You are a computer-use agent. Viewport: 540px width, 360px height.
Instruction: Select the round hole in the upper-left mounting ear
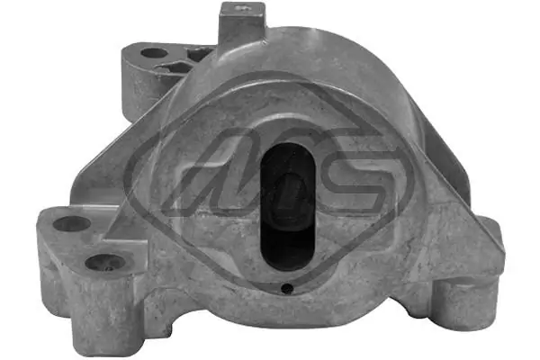tap(156, 52)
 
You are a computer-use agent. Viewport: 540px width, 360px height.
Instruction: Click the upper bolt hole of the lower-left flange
tap(72, 224)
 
